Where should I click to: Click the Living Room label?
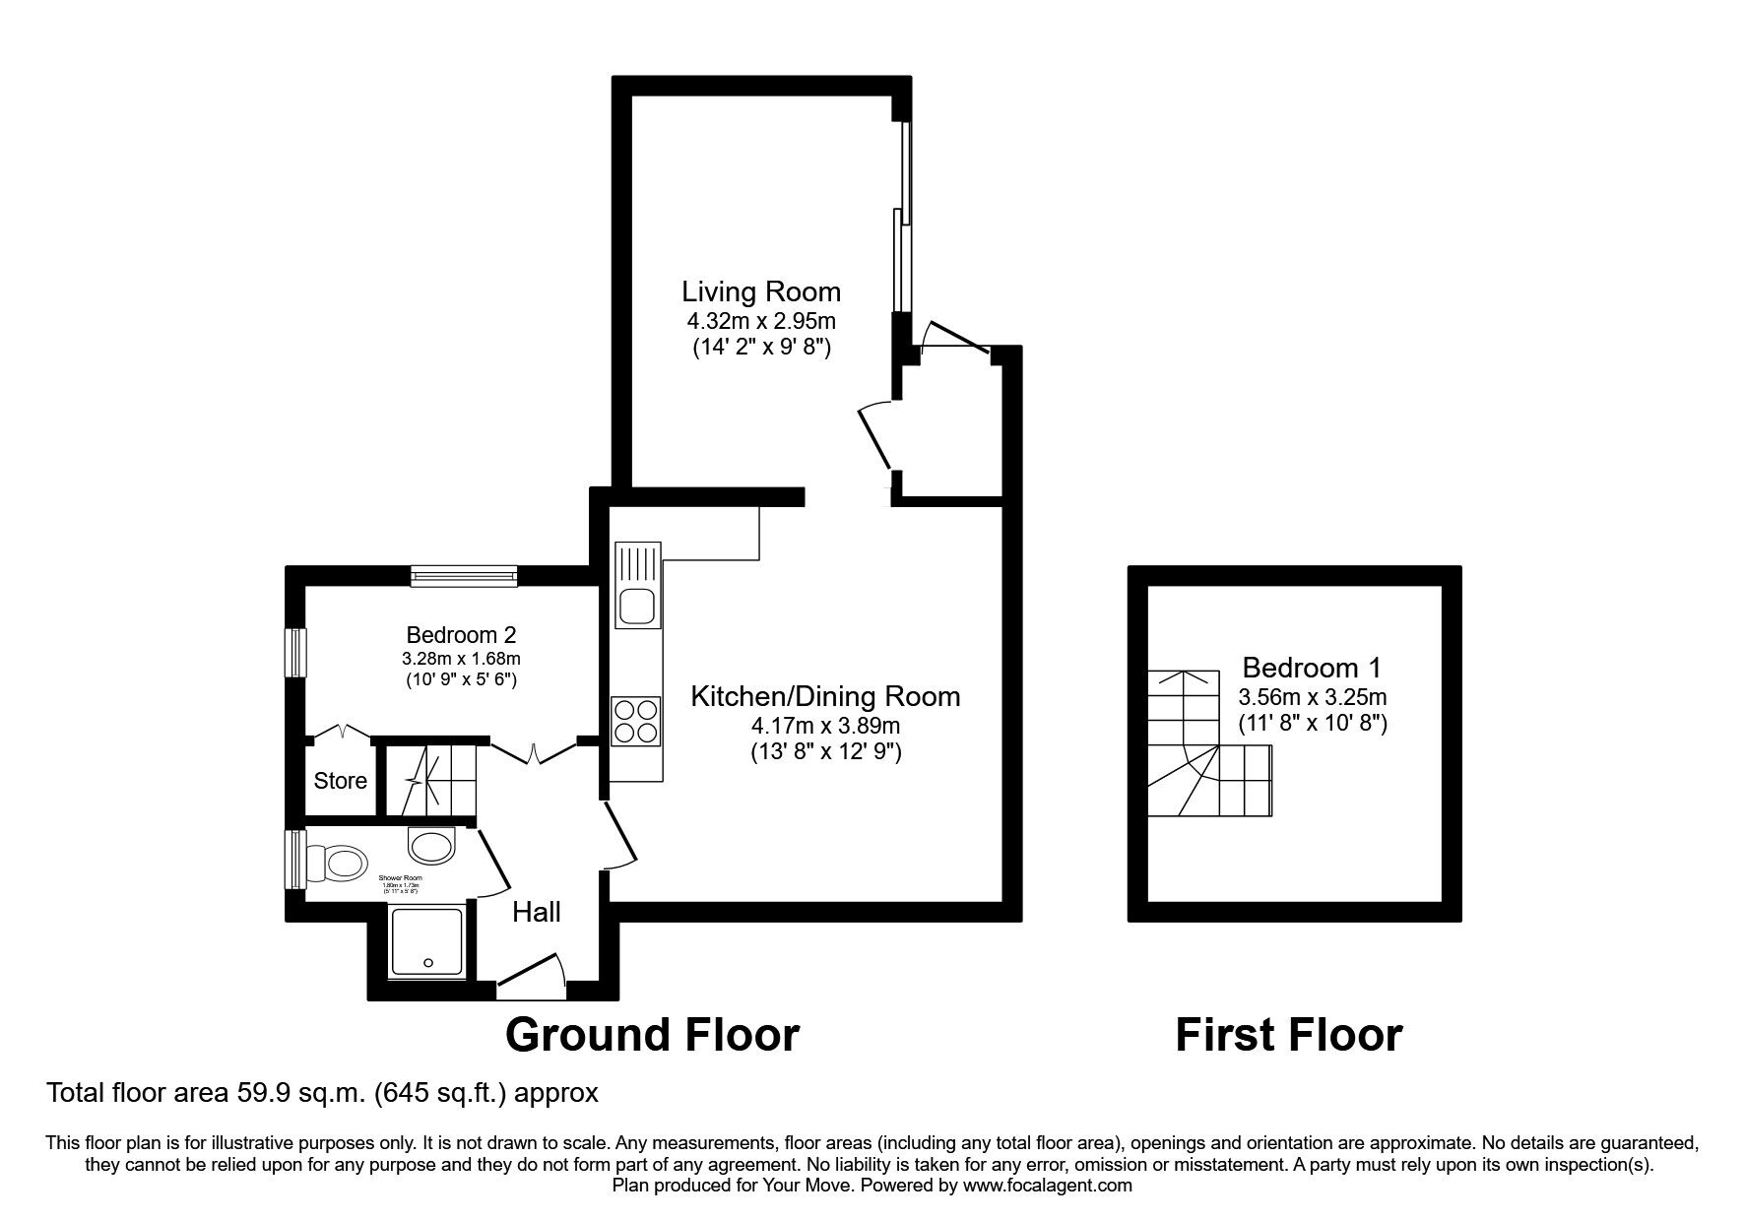coord(761,291)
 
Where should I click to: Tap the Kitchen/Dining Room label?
coord(825,696)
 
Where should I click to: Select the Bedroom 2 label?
coord(462,635)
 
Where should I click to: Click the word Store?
coord(341,781)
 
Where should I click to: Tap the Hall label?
coord(537,912)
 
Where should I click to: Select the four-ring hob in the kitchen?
coord(636,721)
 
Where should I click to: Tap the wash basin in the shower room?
coord(431,845)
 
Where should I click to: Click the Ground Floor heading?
coord(652,1035)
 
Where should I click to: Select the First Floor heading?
coord(1288,1035)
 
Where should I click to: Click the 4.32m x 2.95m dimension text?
coord(761,321)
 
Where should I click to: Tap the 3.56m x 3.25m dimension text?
coord(1312,697)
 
